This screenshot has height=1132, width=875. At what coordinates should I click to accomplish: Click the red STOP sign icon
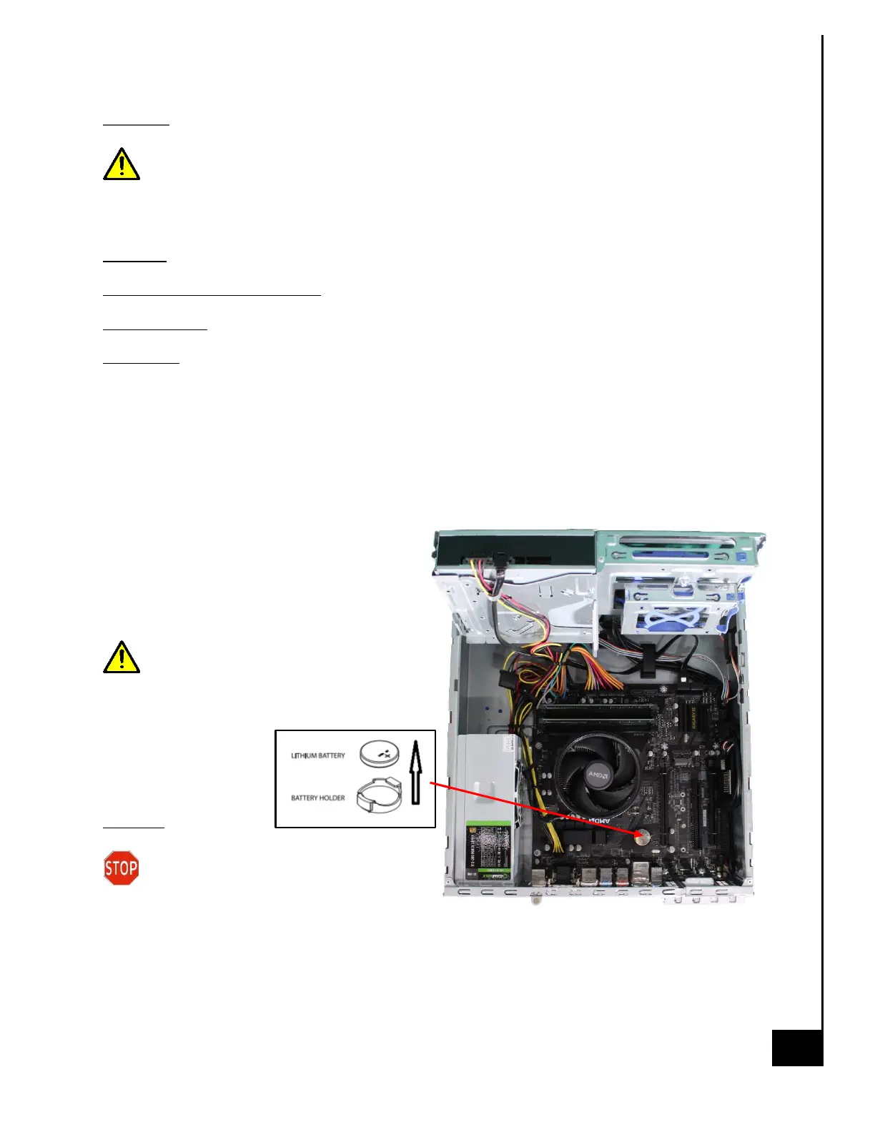(x=121, y=868)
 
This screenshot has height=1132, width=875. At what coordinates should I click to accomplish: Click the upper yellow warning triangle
(x=122, y=165)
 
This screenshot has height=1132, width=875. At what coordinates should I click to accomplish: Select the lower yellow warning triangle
(x=122, y=658)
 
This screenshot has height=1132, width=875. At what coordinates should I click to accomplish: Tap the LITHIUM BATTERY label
(x=317, y=755)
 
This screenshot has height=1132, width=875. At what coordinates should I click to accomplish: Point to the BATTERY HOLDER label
(x=317, y=798)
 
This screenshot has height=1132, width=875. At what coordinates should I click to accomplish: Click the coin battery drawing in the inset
(x=379, y=754)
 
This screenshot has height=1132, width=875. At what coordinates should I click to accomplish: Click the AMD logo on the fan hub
(x=597, y=775)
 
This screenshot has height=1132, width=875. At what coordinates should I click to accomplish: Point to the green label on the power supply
(x=489, y=850)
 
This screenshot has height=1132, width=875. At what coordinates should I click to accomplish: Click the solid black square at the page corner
(x=797, y=1048)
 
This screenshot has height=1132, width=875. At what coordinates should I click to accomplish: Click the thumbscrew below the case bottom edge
(x=534, y=900)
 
